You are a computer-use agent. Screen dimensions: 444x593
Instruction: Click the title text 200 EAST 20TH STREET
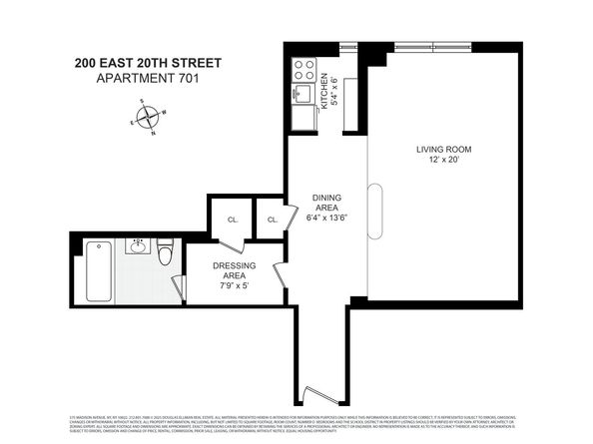(x=148, y=62)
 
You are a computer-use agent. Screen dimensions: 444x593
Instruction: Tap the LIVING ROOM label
(x=443, y=150)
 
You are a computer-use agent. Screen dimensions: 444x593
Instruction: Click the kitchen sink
(x=302, y=95)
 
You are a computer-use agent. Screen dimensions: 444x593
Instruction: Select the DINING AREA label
(x=327, y=203)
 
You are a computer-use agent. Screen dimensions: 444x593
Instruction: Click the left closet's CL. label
(x=232, y=221)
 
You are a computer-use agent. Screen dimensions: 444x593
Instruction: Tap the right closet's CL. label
(x=271, y=221)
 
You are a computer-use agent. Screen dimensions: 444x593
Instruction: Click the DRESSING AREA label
(x=232, y=271)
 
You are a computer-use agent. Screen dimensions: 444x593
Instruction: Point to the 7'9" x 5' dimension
(x=232, y=285)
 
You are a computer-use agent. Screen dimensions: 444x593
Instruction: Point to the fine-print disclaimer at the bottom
(x=296, y=422)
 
